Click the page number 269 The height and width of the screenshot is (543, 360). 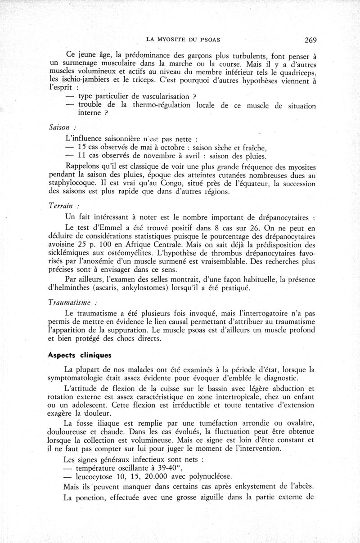click(x=310, y=40)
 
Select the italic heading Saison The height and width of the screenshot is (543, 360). click(x=59, y=127)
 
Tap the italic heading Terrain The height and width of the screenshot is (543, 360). click(x=61, y=205)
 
